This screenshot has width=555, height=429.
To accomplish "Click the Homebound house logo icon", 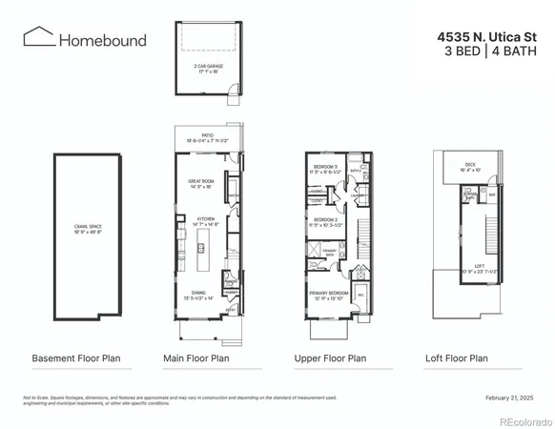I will (39, 38).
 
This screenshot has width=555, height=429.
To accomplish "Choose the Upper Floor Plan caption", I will (330, 359).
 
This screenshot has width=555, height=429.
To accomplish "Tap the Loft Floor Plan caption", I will (456, 359).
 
